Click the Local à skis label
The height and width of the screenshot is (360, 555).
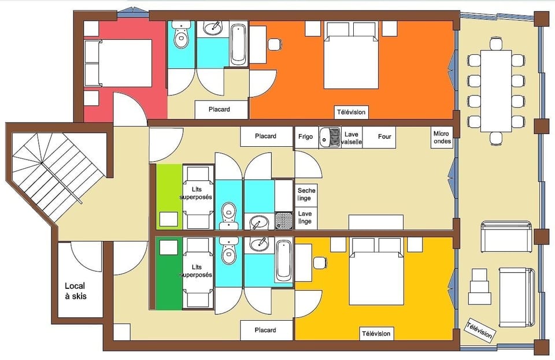[76, 291]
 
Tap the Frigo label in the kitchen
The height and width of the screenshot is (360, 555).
[306, 137]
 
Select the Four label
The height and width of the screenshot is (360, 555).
[384, 137]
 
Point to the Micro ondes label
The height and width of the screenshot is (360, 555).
[442, 137]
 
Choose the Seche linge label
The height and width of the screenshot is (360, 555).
[306, 194]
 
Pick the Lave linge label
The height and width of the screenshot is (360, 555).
[305, 217]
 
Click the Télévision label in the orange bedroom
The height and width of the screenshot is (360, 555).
[351, 112]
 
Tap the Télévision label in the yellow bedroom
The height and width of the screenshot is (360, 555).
[376, 333]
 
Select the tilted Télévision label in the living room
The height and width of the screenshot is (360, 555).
[479, 331]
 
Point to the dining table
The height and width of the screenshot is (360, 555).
[495, 90]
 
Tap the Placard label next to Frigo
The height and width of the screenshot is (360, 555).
[266, 136]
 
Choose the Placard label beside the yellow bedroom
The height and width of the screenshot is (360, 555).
[266, 331]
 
